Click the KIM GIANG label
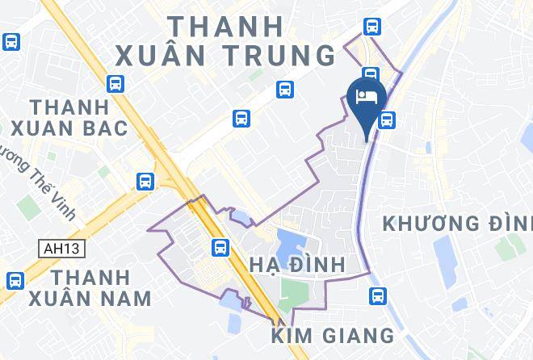pyautogui.click(x=333, y=334)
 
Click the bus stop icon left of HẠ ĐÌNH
pyautogui.click(x=218, y=246)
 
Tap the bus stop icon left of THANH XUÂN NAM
pyautogui.click(x=14, y=281)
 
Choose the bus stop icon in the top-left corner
pyautogui.click(x=11, y=41)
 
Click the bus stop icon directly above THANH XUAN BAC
pyautogui.click(x=115, y=82)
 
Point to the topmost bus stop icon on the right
pyautogui.click(x=372, y=26)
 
